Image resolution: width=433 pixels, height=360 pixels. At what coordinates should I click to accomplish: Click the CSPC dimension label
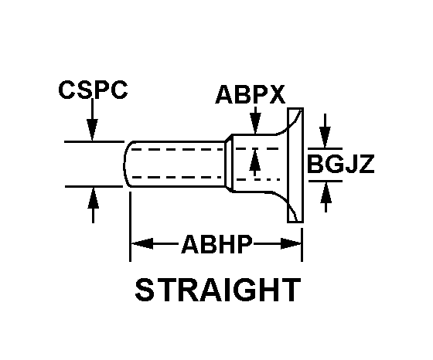[93, 90]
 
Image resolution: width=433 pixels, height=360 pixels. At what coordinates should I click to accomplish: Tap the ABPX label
[251, 94]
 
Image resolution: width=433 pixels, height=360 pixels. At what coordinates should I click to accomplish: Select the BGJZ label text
[341, 164]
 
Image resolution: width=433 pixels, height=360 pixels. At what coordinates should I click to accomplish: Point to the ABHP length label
[216, 244]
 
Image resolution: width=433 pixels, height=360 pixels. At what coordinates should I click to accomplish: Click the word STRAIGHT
[218, 290]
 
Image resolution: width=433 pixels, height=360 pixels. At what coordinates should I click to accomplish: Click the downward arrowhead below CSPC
[92, 129]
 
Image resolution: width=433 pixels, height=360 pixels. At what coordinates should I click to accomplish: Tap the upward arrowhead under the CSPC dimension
[93, 198]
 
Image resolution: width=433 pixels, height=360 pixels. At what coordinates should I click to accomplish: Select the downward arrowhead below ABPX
[255, 124]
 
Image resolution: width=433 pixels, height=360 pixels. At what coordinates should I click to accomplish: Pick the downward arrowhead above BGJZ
[325, 137]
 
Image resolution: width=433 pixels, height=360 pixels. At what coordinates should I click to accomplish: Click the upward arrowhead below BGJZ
[326, 193]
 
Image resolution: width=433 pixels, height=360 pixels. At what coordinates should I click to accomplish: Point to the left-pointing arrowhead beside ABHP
[142, 243]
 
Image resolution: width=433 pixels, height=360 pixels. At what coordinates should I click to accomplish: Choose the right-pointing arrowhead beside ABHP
[291, 243]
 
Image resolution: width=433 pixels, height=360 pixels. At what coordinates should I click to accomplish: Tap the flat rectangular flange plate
[295, 165]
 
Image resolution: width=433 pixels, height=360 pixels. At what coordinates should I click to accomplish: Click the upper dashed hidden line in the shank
[177, 149]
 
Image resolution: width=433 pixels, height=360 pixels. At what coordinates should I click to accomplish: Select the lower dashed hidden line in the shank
[177, 177]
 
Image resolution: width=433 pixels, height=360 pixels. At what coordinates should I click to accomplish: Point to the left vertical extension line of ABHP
[130, 226]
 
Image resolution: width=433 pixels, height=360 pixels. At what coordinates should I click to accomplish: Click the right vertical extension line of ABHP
[302, 244]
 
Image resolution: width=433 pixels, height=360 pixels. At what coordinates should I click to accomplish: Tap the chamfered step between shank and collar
[228, 163]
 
